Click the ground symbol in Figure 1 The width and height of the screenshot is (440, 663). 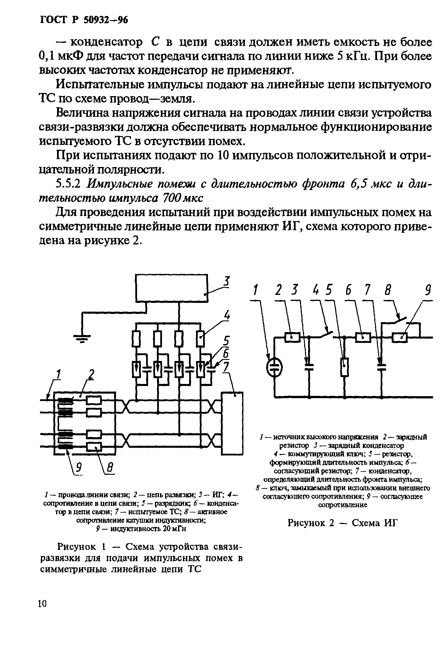click(x=82, y=339)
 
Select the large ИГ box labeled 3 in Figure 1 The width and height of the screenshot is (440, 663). click(x=172, y=288)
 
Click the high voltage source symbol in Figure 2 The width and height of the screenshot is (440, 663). click(x=274, y=367)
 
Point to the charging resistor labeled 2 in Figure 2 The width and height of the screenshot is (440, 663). click(x=292, y=337)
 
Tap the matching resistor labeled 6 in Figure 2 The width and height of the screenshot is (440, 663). click(x=363, y=337)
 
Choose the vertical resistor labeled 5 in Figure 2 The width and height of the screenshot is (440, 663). click(x=345, y=367)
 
